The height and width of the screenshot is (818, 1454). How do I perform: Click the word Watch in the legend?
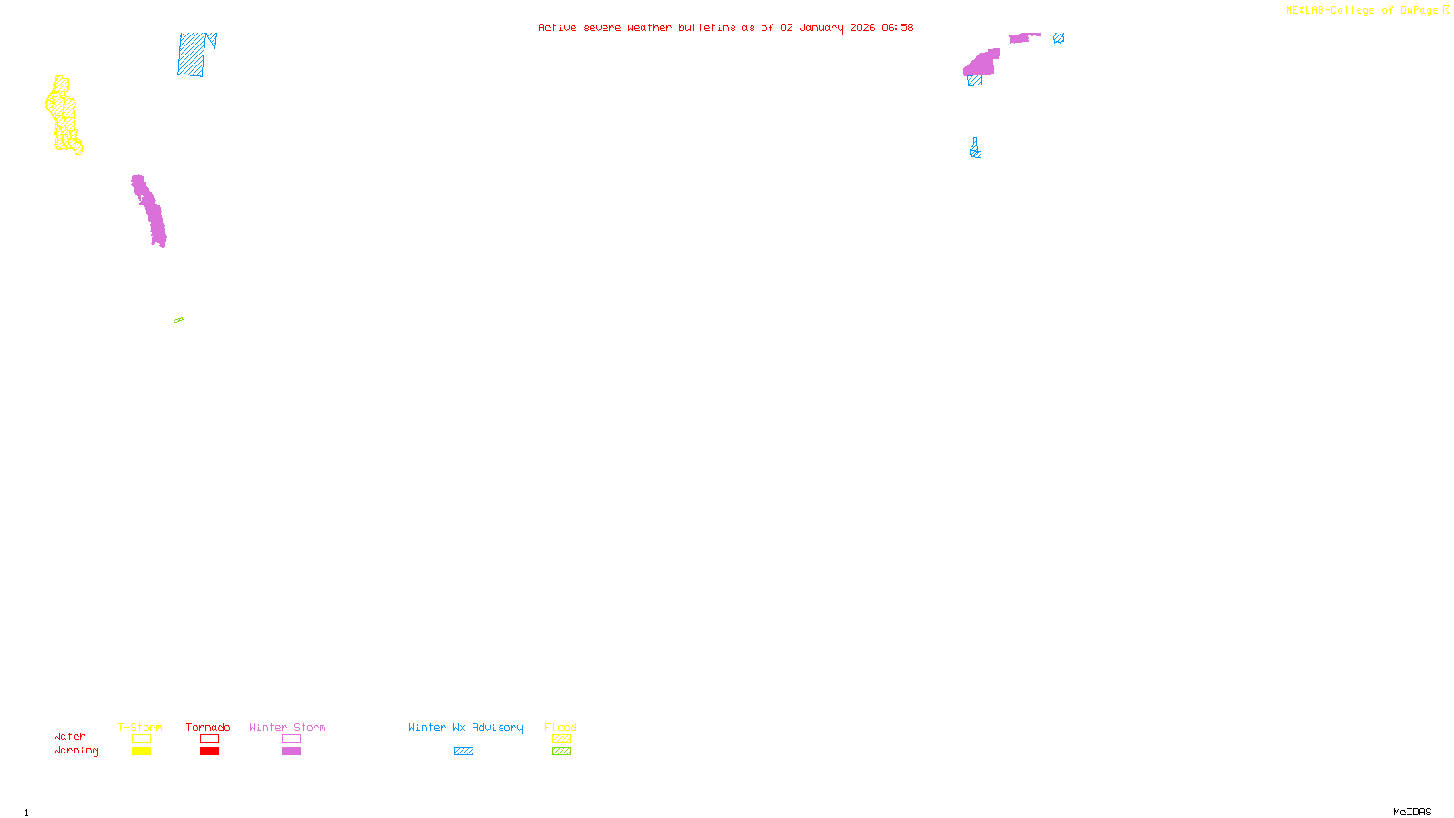[x=70, y=736]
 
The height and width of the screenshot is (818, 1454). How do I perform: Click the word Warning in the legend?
[x=76, y=751]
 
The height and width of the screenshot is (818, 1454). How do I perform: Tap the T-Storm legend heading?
[x=140, y=727]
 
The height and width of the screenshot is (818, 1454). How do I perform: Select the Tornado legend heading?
[x=208, y=727]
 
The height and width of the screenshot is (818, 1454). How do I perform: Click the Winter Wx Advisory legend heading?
[x=465, y=727]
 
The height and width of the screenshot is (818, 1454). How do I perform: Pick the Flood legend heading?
[x=561, y=727]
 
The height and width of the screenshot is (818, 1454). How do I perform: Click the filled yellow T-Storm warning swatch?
[x=141, y=752]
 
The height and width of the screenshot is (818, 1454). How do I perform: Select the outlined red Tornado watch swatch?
[x=209, y=739]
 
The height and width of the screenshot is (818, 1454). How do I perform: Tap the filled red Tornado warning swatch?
[x=209, y=752]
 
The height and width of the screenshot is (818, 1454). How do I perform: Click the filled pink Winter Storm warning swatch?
[x=291, y=752]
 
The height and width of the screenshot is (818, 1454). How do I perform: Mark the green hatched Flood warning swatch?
[x=561, y=752]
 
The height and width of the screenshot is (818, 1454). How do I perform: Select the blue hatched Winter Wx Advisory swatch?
[x=463, y=752]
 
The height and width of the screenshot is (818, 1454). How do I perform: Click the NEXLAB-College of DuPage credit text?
[x=1362, y=11]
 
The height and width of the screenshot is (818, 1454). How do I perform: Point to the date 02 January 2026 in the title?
[x=828, y=27]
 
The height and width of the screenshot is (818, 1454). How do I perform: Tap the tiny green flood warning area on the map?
[x=178, y=320]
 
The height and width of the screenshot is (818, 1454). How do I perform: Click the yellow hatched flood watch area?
[x=64, y=115]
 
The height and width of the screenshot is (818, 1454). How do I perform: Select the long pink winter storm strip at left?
[x=149, y=211]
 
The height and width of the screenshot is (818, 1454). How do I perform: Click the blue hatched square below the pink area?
[x=975, y=81]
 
